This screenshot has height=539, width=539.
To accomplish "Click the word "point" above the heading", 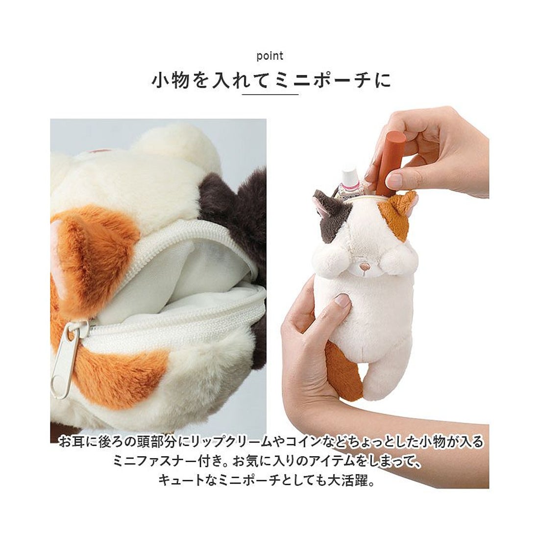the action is pos(270,56).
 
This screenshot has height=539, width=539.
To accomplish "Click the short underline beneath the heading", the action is pos(270,94).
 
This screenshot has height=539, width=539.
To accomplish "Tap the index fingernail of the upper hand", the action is pos(396,179).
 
